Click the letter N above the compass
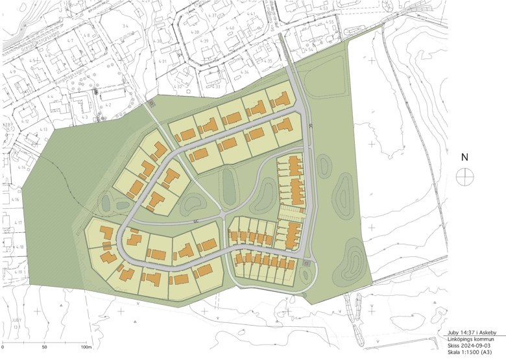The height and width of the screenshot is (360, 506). point(464,157)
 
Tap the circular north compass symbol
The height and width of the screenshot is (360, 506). point(464,176)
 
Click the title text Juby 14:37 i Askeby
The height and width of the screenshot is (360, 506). point(471,332)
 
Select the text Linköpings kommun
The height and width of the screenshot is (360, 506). point(471,339)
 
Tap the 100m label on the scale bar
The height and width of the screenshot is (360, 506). point(85,348)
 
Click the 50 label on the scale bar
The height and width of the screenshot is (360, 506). point(44,348)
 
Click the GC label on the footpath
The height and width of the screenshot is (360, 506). point(194,222)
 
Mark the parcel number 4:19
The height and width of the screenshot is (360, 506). point(19,271)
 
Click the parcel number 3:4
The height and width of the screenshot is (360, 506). point(125,25)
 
